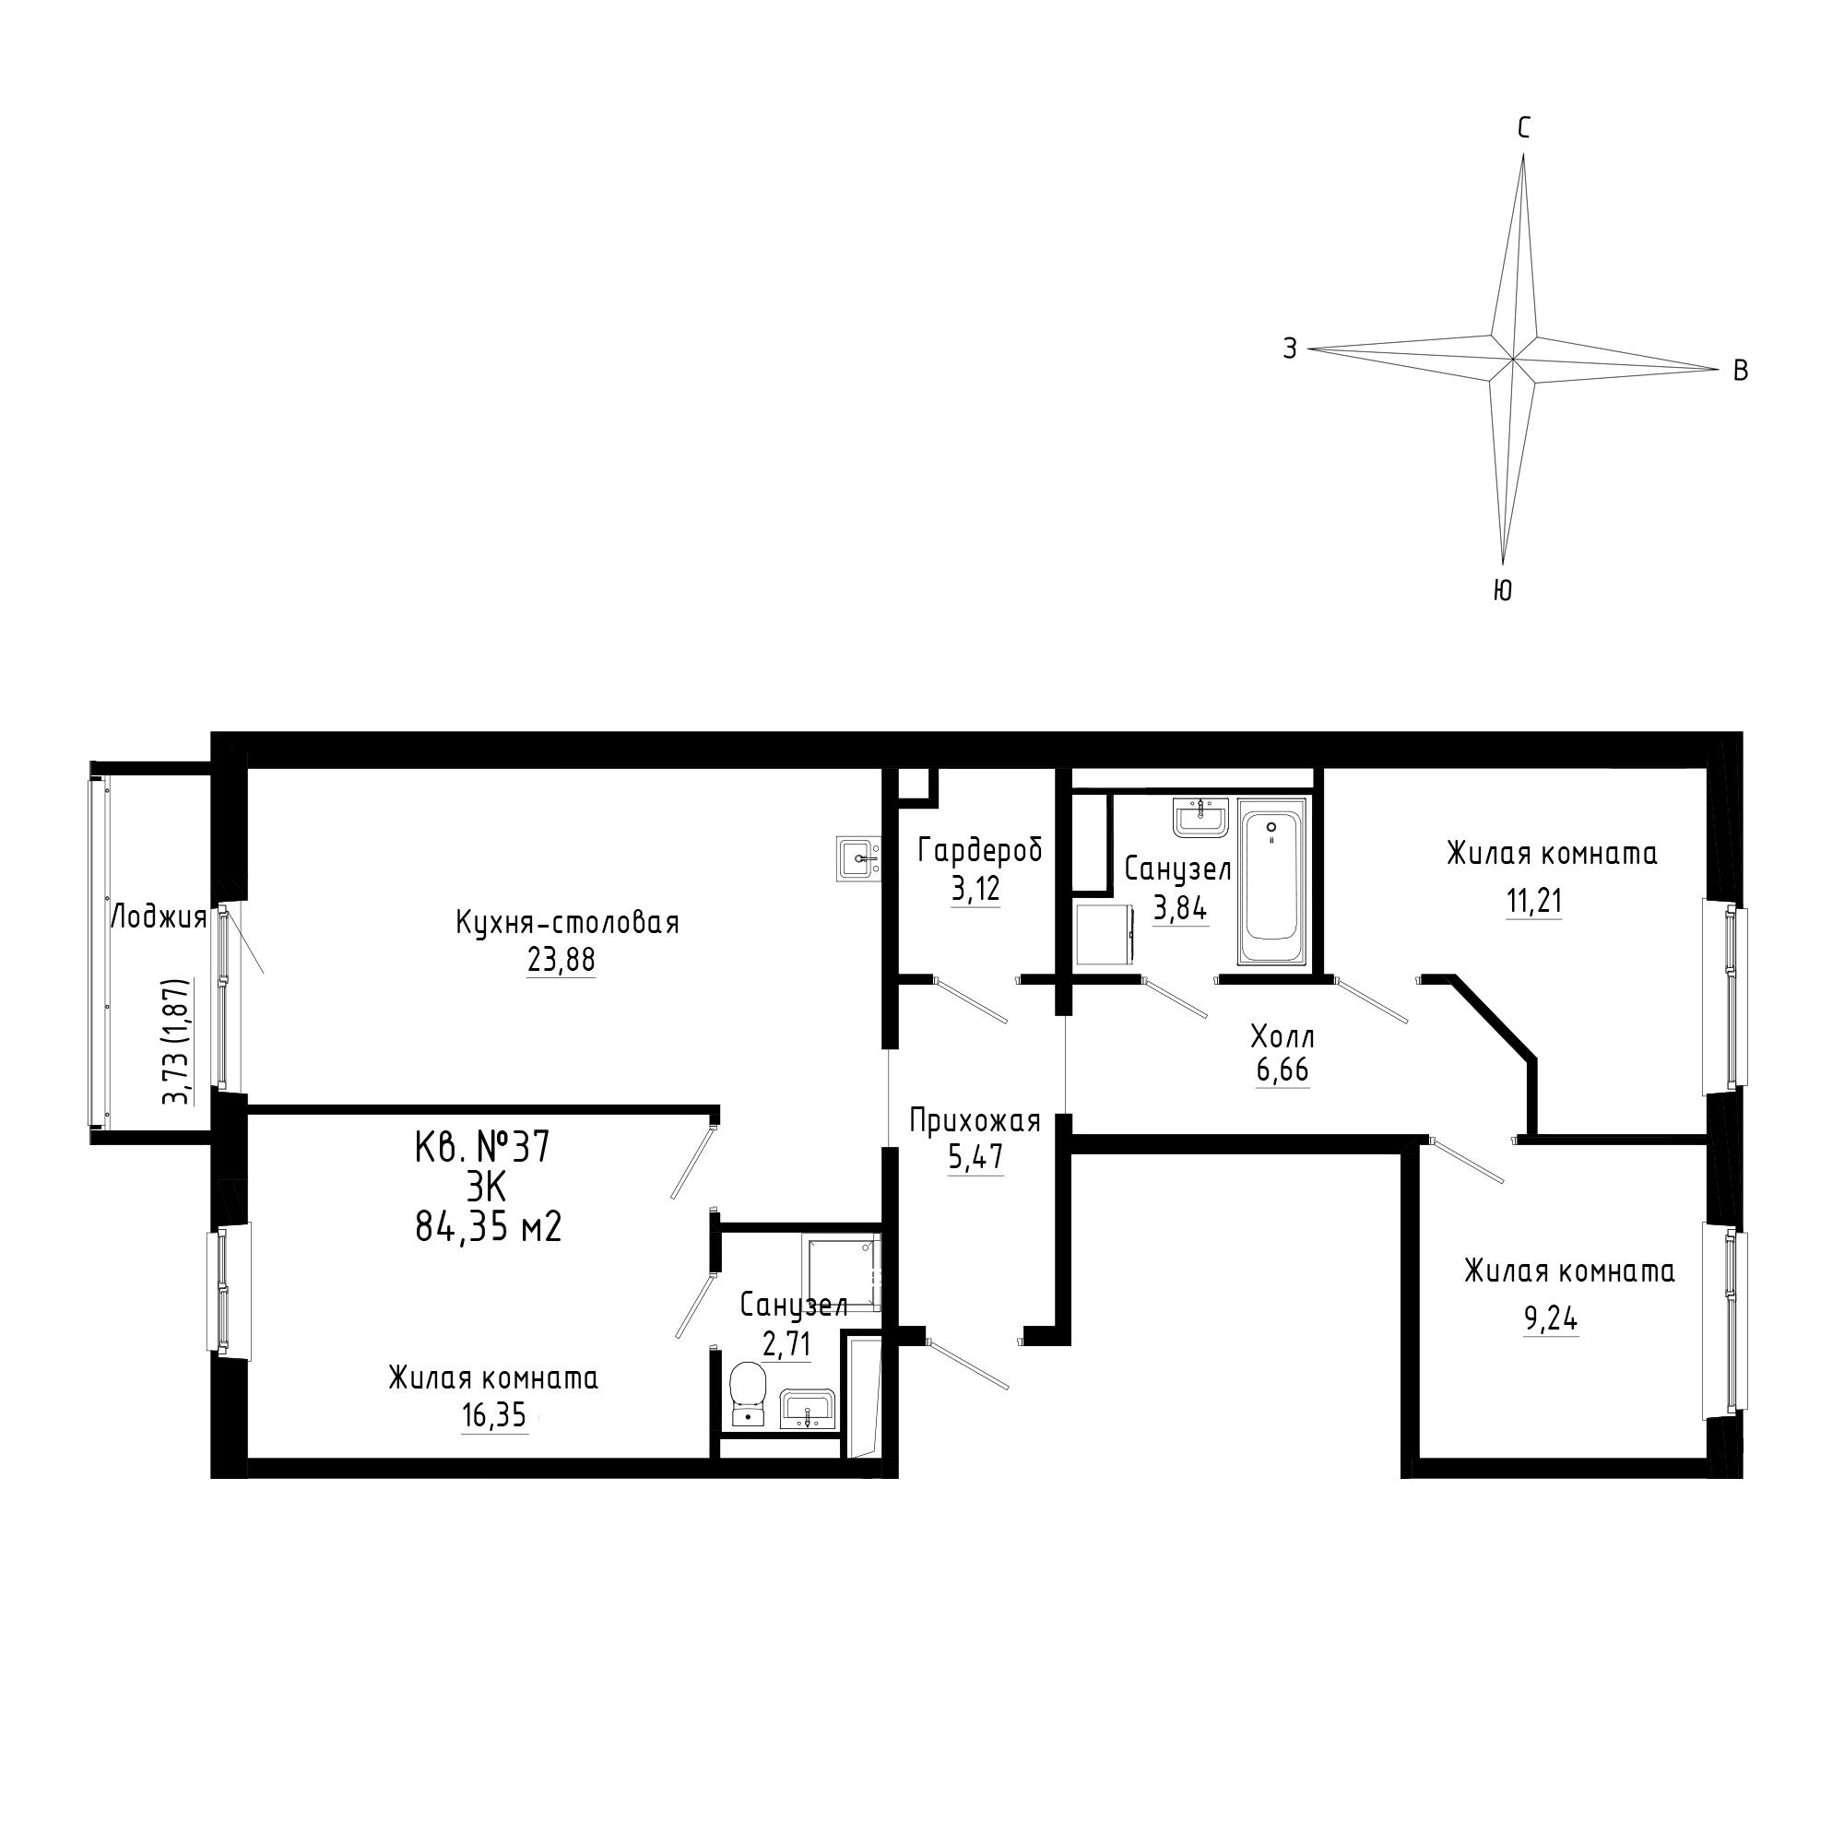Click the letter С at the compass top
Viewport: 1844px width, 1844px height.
pyautogui.click(x=1524, y=128)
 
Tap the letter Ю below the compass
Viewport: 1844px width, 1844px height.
pyautogui.click(x=1502, y=591)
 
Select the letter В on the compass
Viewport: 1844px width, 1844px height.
pyautogui.click(x=1741, y=371)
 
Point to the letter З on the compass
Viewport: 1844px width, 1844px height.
pyautogui.click(x=1290, y=349)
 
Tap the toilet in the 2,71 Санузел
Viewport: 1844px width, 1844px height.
pyautogui.click(x=747, y=1395)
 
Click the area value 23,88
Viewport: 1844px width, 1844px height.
pyautogui.click(x=561, y=960)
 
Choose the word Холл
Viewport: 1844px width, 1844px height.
pyautogui.click(x=1282, y=1035)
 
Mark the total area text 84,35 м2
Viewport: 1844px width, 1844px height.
pyautogui.click(x=489, y=1226)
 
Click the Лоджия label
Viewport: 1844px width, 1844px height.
pyautogui.click(x=160, y=918)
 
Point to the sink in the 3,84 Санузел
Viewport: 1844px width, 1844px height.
pyautogui.click(x=1200, y=818)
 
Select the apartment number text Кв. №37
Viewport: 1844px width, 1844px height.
pyautogui.click(x=483, y=1146)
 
